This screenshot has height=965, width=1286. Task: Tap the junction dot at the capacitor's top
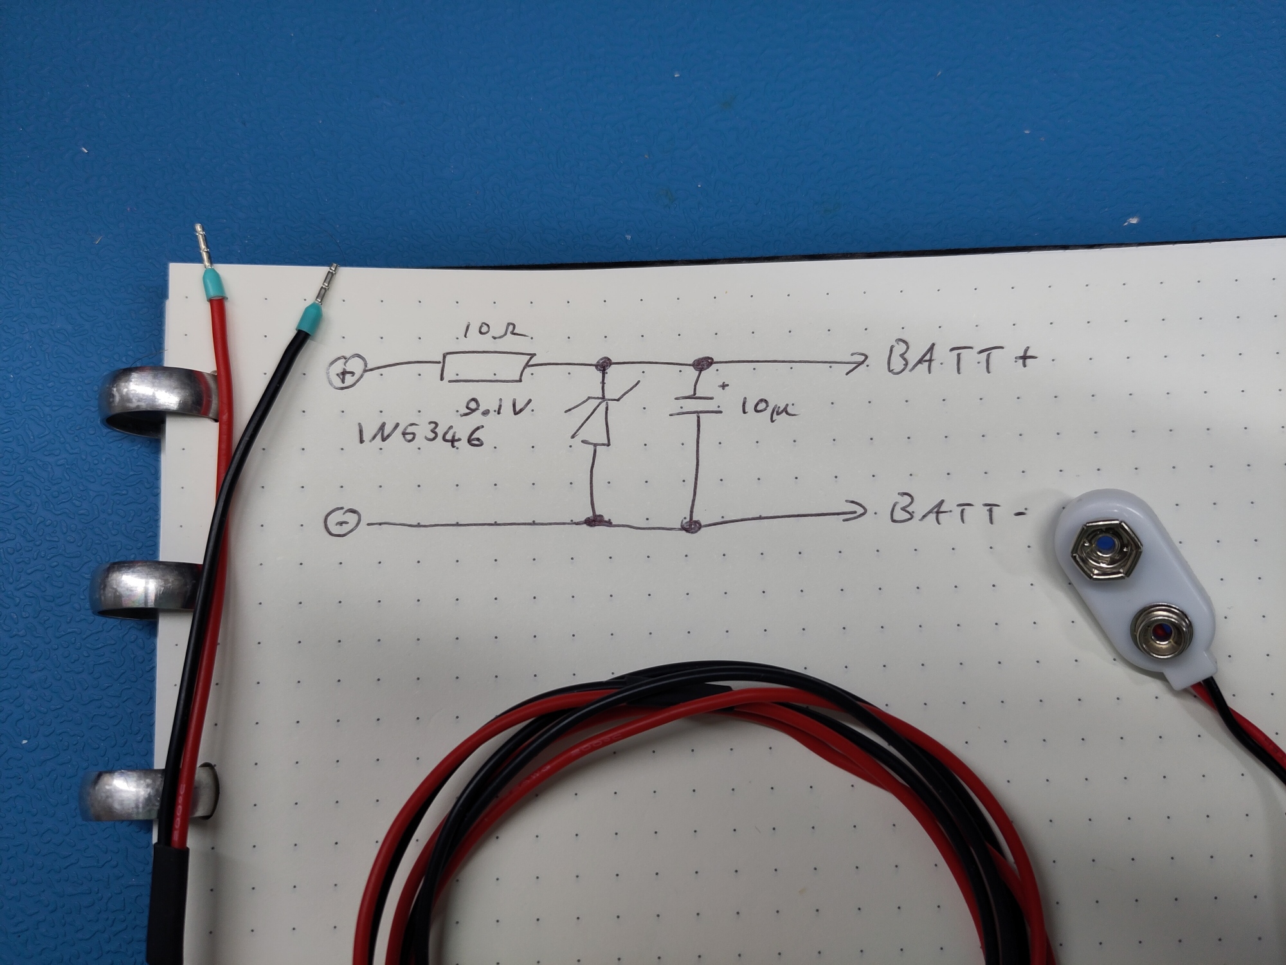click(703, 363)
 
